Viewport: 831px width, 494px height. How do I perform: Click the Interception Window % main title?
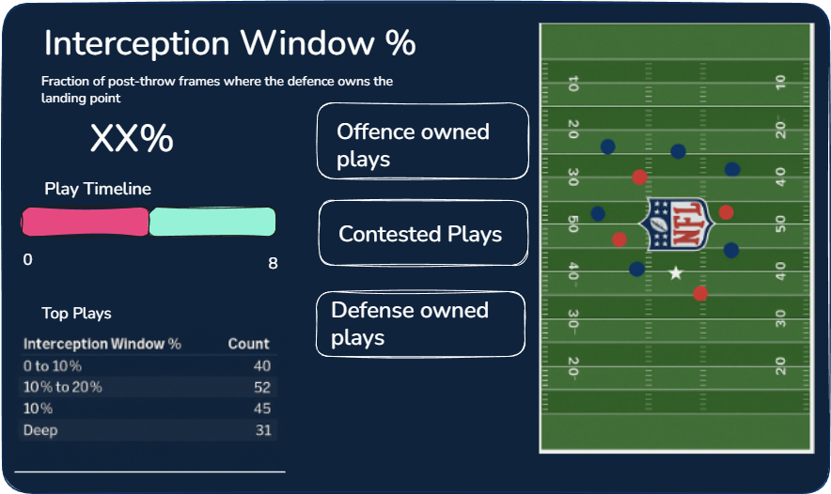229,43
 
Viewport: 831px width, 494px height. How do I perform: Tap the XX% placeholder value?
132,139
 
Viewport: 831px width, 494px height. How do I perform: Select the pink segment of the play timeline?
85,222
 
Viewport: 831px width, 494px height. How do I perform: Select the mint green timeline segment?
212,222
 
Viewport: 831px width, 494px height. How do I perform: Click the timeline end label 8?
273,263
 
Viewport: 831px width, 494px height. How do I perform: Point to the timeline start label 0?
27,259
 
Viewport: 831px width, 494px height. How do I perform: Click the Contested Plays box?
423,233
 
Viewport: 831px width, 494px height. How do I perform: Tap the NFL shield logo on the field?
674,224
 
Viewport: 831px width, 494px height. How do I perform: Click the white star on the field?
675,273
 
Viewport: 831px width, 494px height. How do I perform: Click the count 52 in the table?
261,387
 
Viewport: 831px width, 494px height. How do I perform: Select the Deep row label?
40,430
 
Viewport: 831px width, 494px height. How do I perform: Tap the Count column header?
248,344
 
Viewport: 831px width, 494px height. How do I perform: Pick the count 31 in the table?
262,430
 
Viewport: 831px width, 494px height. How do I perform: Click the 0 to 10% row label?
54,366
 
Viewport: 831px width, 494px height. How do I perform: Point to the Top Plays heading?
76,314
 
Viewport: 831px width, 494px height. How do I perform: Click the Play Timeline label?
98,189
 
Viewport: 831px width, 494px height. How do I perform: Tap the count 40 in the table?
261,366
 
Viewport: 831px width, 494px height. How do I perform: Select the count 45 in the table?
261,409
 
